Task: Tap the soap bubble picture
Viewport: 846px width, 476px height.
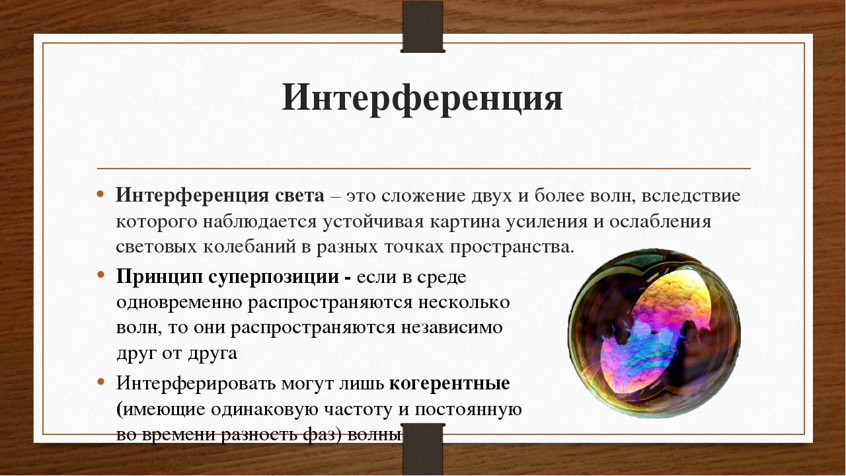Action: coord(654,333)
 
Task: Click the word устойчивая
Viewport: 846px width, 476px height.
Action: coord(373,222)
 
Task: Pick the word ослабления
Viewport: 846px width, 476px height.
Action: coord(660,222)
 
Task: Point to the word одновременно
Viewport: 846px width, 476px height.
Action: coord(179,303)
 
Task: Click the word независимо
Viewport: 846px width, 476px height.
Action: coord(451,328)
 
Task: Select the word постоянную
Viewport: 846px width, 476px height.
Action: coord(469,409)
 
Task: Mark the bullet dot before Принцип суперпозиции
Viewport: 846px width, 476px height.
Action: coord(100,275)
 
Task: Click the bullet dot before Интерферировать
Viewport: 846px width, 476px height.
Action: coord(100,381)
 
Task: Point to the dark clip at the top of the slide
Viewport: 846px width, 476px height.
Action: coord(422,26)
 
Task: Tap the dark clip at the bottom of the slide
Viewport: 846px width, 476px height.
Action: coord(422,450)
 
